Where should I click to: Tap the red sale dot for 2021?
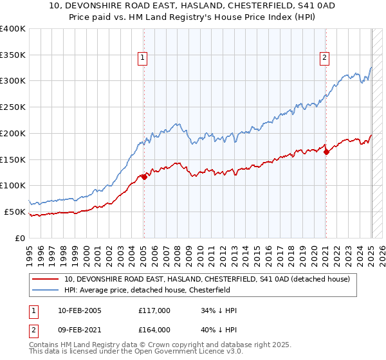[326, 152]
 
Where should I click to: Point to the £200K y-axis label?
[12, 133]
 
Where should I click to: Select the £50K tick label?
[14, 212]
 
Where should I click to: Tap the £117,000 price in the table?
[154, 311]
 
